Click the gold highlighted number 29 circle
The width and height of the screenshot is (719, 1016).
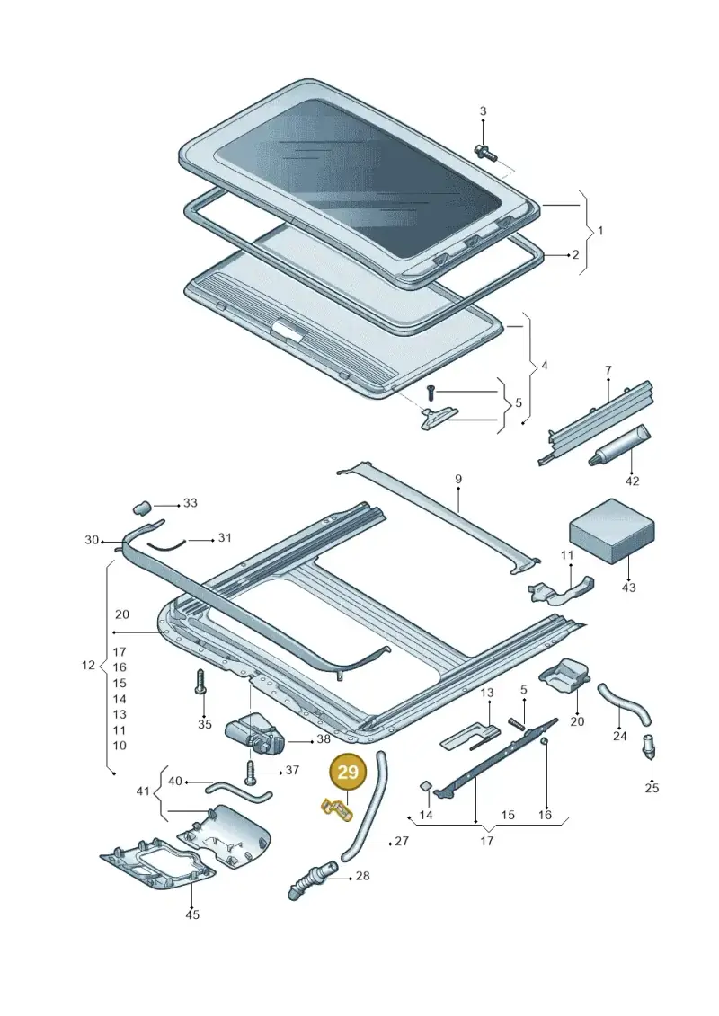point(348,772)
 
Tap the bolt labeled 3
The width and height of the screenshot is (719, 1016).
point(485,153)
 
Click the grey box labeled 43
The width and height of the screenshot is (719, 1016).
point(611,531)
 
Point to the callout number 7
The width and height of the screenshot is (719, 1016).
point(608,370)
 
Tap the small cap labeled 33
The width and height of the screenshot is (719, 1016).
point(142,508)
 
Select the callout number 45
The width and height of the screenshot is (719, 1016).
point(192,914)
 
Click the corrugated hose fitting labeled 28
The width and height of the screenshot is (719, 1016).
point(312,880)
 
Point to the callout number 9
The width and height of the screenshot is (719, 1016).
point(457,479)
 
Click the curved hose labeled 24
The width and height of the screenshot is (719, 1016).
point(624,704)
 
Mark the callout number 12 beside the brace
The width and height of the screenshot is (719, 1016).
point(88,665)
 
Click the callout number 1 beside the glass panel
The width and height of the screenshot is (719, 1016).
point(600,230)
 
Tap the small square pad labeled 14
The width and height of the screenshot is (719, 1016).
point(425,787)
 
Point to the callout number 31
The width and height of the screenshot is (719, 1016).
point(225,537)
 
